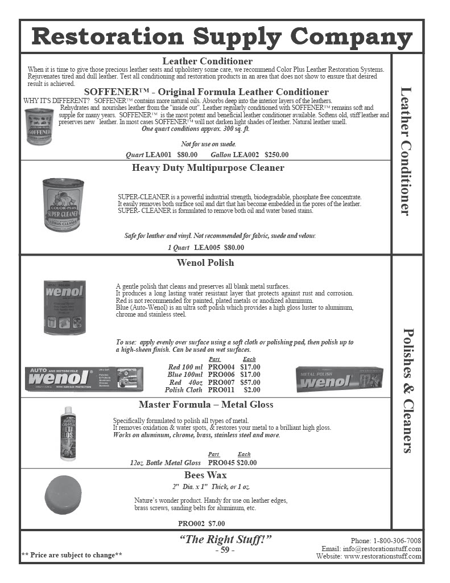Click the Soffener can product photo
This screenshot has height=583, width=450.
(39, 127)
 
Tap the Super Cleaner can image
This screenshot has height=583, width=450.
(63, 204)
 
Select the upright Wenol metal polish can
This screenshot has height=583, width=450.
(65, 307)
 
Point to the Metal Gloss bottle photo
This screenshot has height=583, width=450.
(68, 433)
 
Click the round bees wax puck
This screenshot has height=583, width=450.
(67, 495)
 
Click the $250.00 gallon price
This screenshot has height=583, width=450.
(276, 155)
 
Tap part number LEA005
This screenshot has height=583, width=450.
(207, 248)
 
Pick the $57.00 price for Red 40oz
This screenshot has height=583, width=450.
(250, 383)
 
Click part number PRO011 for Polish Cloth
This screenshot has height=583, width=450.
(221, 390)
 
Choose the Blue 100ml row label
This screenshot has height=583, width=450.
(185, 375)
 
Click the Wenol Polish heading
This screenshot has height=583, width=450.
(205, 263)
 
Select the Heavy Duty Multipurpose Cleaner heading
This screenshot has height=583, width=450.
(208, 168)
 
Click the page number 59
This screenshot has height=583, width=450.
(225, 551)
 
